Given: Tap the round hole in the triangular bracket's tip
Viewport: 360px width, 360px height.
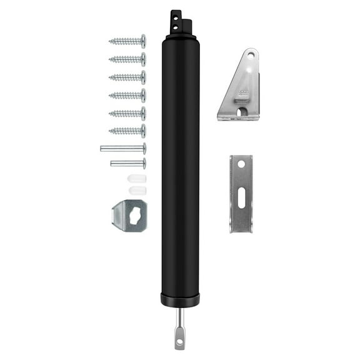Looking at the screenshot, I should click(x=251, y=56).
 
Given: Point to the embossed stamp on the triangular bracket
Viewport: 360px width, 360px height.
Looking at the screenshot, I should click(x=242, y=94).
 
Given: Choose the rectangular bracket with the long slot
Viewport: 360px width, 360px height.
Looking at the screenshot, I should click(x=241, y=193).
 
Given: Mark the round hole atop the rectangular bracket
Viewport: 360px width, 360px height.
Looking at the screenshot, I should click(x=241, y=164).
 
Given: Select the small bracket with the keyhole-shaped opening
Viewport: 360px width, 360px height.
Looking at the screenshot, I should click(x=129, y=216).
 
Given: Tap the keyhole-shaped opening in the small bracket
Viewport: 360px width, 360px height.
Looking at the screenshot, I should click(x=133, y=214).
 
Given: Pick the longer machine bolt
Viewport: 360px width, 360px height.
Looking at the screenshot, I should click(x=123, y=148).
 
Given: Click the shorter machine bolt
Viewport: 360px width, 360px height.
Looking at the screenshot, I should click(x=128, y=164).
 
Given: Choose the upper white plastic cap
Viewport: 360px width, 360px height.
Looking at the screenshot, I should click(x=137, y=178).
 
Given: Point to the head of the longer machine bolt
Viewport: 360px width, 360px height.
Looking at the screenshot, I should click(x=144, y=148).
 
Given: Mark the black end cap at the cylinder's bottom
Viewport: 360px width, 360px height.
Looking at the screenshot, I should click(x=180, y=299).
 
